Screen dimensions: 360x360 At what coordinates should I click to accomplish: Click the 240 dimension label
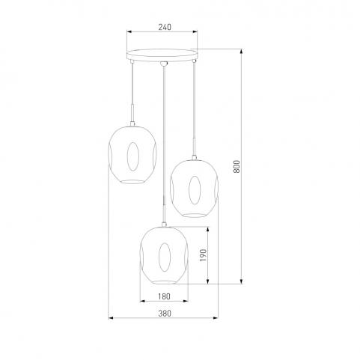tap(165, 27)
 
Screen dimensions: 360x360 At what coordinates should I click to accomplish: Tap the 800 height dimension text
tap(237, 166)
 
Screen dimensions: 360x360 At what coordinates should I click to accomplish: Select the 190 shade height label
tap(204, 255)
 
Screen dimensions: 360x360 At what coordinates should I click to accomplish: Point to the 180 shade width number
tap(164, 296)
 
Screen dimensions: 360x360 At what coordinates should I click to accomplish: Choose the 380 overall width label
tap(165, 313)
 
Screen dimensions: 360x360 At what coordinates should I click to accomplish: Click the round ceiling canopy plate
tap(162, 55)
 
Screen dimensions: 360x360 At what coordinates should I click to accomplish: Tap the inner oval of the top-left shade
tap(132, 156)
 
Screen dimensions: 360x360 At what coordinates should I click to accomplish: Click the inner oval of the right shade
tap(195, 190)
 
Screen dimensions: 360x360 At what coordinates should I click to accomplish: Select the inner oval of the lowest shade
tap(165, 257)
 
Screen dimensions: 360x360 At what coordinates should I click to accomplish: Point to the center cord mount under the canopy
tap(163, 64)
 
